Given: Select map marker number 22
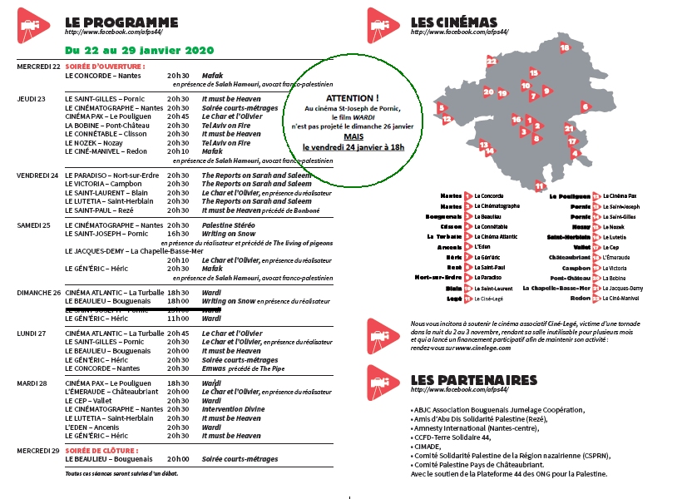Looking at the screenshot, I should (492, 61).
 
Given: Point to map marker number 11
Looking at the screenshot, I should (540, 185).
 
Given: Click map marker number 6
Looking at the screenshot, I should (586, 106).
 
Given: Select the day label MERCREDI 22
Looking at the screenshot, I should (38, 66).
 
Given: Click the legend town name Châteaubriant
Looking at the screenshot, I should (568, 258).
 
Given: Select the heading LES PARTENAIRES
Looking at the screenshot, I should (473, 380).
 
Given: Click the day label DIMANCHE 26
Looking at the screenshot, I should (39, 293).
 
